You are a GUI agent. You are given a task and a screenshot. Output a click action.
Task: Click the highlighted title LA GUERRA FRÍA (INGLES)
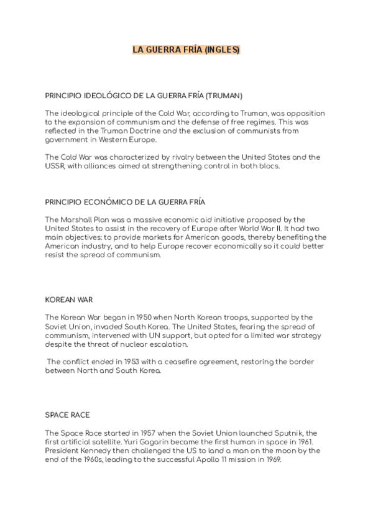pos(186,50)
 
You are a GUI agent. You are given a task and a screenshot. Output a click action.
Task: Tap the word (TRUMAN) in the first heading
pos(224,96)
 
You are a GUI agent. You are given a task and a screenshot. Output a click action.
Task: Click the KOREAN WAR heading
pos(69,300)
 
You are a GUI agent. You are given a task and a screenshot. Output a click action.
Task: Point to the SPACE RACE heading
pos(68,415)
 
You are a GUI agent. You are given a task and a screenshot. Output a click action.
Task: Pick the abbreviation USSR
pos(55,167)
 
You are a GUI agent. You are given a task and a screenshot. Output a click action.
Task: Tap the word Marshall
pos(77,220)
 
